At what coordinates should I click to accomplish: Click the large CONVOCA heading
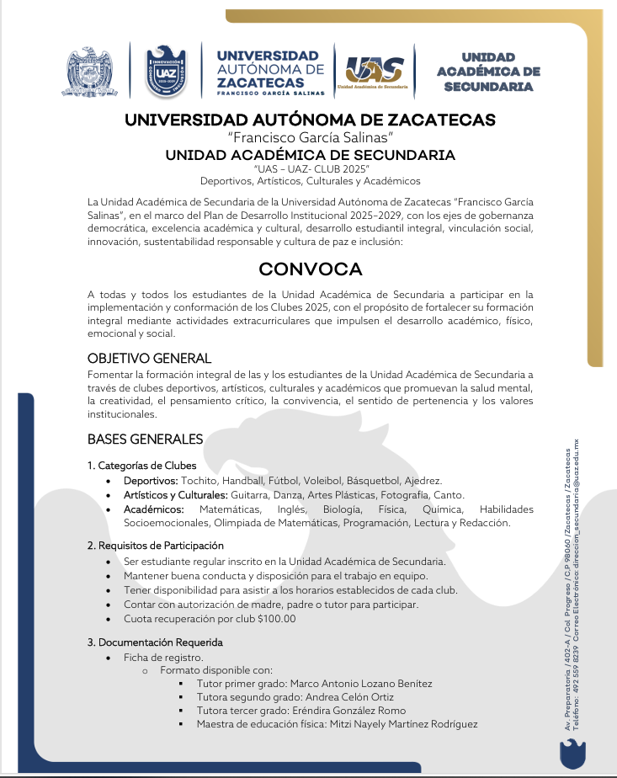310,269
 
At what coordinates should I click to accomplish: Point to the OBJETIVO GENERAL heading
149,359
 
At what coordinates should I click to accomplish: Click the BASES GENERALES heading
145,439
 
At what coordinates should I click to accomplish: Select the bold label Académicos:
153,509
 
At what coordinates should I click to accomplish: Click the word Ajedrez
446,480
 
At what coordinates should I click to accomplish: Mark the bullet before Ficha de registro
109,658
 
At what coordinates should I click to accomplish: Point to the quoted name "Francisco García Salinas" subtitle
310,137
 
